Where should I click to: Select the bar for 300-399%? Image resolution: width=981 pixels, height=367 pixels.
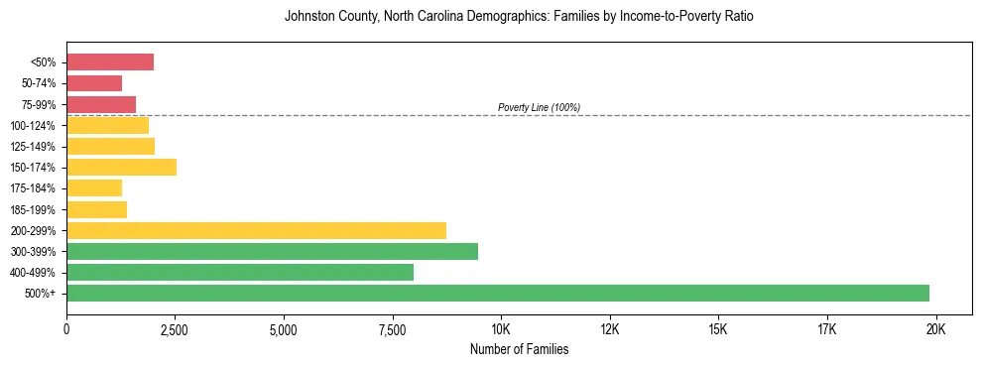(x=272, y=251)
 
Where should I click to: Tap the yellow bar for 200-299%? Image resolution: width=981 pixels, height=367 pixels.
(x=256, y=230)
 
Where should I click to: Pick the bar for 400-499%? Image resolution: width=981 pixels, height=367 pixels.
(x=240, y=272)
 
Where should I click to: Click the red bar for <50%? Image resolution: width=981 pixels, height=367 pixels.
(x=110, y=62)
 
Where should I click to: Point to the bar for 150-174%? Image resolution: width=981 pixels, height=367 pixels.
(x=121, y=167)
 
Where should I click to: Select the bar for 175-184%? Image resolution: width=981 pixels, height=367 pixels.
(x=94, y=187)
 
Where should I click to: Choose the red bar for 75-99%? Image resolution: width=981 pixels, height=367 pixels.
(x=101, y=104)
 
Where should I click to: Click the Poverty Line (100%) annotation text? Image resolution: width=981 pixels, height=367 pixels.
(x=539, y=107)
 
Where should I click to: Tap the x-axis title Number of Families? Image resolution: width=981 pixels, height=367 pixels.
(x=519, y=349)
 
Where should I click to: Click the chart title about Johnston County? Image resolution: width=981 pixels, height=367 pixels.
(x=519, y=17)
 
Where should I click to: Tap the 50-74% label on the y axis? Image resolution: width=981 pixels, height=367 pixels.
(x=40, y=83)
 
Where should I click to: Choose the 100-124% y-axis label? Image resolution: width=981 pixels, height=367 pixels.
(x=37, y=125)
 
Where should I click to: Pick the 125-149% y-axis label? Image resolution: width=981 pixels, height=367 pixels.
(x=37, y=146)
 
